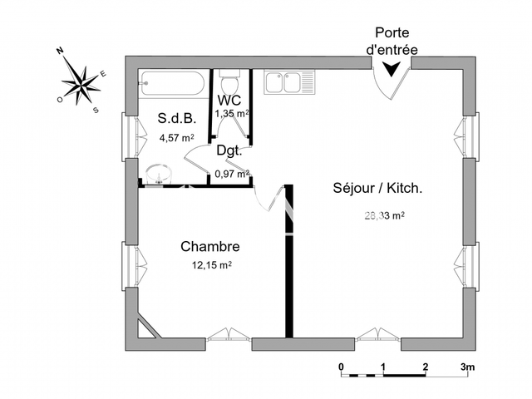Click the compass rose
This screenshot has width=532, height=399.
click(x=81, y=81)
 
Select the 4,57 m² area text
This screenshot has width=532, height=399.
click(x=176, y=137)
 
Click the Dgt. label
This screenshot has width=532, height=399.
click(x=229, y=150)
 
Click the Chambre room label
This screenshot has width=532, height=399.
click(x=210, y=247)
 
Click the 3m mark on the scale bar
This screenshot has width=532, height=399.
click(x=468, y=367)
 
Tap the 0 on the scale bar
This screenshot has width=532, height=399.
click(x=341, y=367)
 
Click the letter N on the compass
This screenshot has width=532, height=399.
click(x=61, y=52)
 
